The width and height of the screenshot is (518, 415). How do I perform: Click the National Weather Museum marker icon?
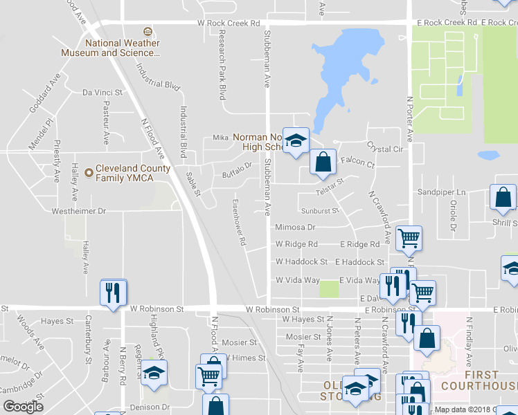coord(147,32)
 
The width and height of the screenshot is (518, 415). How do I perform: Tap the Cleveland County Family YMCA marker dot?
coord(89,173)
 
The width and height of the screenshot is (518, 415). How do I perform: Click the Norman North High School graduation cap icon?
coord(296,141)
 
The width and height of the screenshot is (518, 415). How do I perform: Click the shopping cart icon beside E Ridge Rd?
coord(409,239)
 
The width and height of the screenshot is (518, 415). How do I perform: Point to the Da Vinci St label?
coord(102,92)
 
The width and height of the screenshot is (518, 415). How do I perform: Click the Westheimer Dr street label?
coord(76,210)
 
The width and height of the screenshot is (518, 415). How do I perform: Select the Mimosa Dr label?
coord(295,227)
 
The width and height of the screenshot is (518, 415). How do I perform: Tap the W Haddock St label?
coord(301,262)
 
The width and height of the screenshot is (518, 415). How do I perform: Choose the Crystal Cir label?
coord(385,149)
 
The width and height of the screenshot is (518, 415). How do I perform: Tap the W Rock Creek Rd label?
coord(228,23)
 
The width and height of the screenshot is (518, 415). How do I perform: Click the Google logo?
coord(24,407)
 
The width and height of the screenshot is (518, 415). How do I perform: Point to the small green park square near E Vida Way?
coord(330,288)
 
